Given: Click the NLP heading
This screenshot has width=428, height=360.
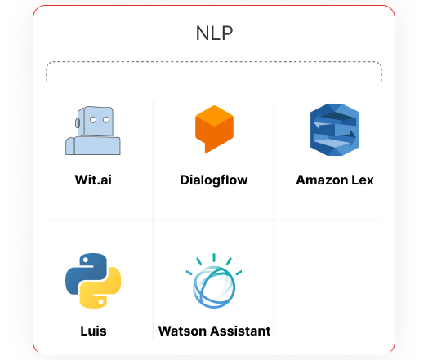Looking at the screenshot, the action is point(214,33).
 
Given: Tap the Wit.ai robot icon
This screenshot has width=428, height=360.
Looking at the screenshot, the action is point(93,131).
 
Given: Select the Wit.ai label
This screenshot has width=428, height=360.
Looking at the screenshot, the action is point(93,180).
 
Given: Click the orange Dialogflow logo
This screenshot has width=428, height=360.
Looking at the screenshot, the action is point(214,129).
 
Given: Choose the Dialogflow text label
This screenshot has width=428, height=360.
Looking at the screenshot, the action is point(214,180).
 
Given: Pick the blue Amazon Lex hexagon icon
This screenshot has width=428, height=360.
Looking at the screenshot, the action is point(335,130).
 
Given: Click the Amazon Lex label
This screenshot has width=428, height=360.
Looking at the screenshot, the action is point(335,180).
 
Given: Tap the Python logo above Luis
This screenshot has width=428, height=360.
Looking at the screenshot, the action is point(93,281).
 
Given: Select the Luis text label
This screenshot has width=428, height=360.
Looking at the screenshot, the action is point(93,331).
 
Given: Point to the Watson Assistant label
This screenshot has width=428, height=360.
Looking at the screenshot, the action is point(214,331).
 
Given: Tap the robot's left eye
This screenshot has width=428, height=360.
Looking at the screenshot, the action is point(93,120).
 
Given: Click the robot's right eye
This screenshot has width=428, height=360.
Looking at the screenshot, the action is point(106,120).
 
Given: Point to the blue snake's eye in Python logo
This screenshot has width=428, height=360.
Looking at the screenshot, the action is point(86,260).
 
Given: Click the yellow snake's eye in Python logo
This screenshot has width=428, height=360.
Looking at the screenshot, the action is point(100,302).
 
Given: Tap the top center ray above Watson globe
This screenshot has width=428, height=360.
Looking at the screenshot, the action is point(214,257).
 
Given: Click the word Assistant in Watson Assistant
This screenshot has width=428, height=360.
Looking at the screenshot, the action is point(240,331).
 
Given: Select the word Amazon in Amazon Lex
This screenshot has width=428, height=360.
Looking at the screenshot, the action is point(322,180).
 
